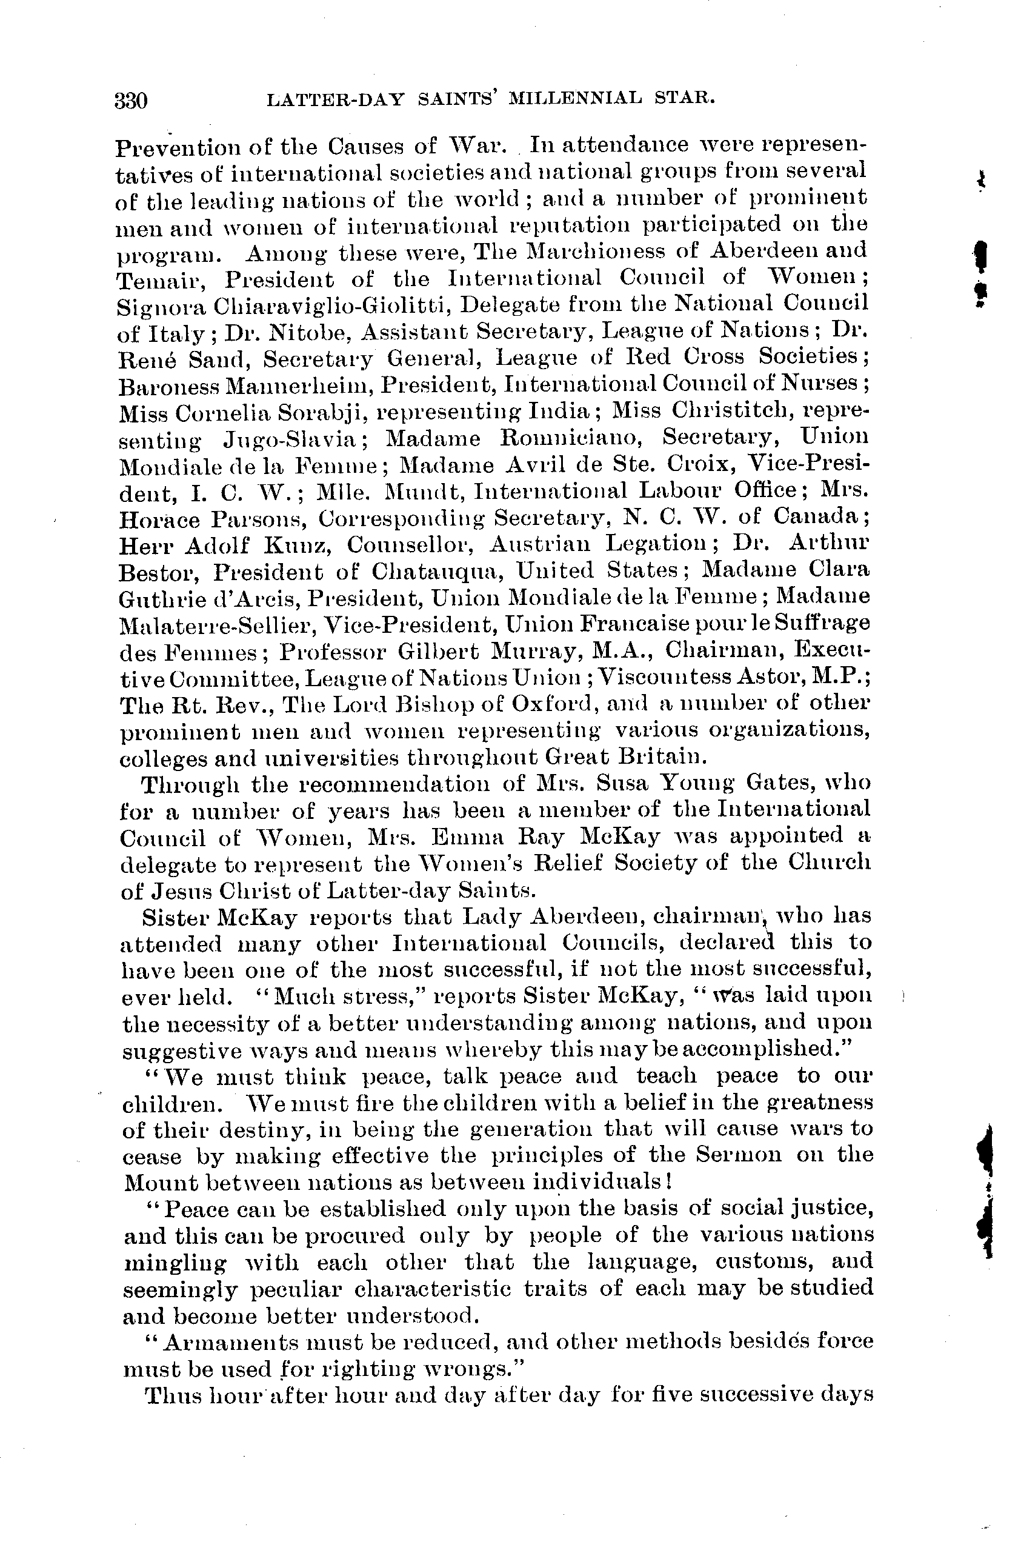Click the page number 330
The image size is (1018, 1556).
pyautogui.click(x=131, y=101)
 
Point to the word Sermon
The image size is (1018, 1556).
pyautogui.click(x=738, y=1154)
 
